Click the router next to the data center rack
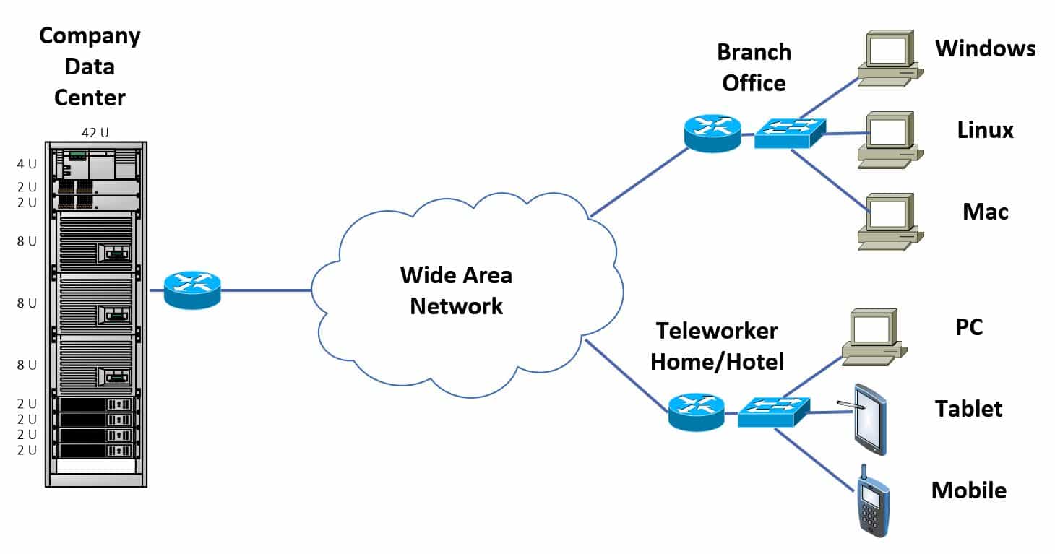[x=191, y=290]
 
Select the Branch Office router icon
[x=712, y=133]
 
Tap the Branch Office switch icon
[x=789, y=133]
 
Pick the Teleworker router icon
[x=696, y=412]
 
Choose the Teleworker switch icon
[x=772, y=412]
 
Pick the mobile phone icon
[x=872, y=501]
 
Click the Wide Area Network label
[x=456, y=290]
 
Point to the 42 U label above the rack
[x=95, y=132]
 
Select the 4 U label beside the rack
[x=27, y=164]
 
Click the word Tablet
[x=968, y=409]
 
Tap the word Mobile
[x=968, y=490]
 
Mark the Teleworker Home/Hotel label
[x=717, y=346]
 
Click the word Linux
[x=985, y=130]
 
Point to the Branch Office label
[x=754, y=67]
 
